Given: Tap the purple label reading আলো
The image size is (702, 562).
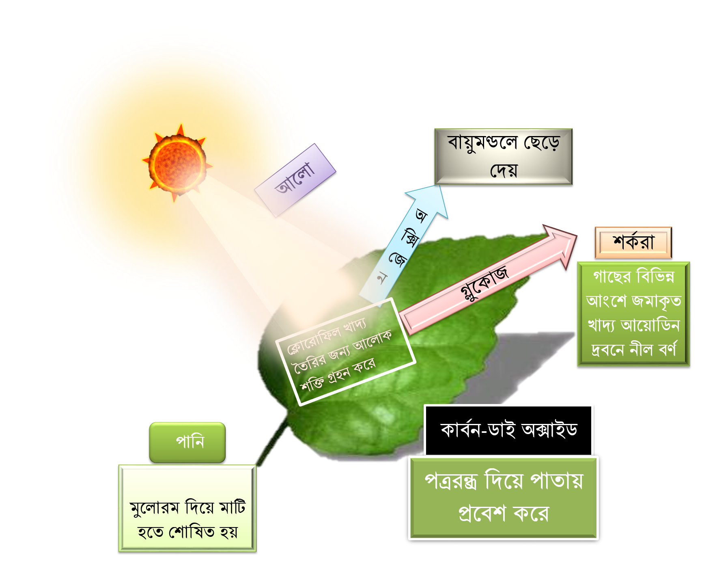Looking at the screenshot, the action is click(295, 180).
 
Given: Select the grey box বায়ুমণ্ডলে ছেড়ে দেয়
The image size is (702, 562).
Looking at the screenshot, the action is click(503, 156).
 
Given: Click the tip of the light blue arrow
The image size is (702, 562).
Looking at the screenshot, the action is click(439, 186).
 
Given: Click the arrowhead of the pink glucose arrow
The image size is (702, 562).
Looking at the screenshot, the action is click(576, 235).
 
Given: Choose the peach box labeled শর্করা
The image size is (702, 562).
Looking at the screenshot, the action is click(633, 242).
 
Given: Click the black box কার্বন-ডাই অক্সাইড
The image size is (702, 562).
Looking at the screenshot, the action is click(508, 430).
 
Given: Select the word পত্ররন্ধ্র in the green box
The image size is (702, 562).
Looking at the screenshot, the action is click(450, 481).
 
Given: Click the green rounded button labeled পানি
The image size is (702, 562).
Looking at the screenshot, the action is click(187, 442).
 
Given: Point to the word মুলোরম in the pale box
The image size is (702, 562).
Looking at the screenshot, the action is click(154, 507).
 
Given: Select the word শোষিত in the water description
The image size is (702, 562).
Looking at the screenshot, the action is click(192, 532).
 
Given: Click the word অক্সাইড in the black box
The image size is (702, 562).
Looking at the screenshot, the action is click(549, 430).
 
